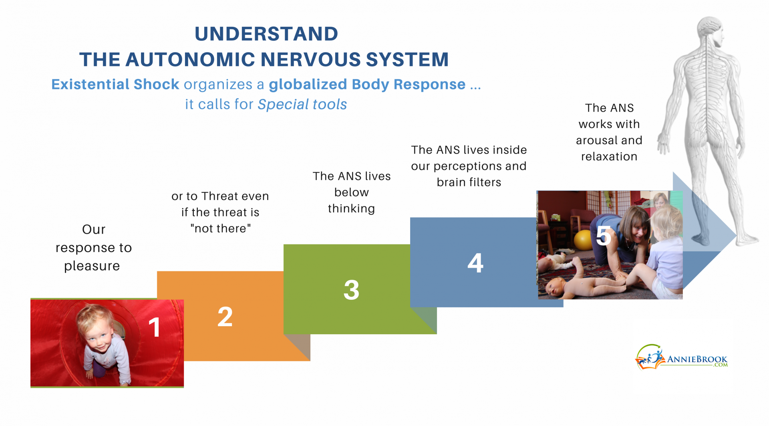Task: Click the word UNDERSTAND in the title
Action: (266, 34)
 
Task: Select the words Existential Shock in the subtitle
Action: (115, 85)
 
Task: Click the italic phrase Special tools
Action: (302, 105)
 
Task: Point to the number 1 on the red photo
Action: (154, 327)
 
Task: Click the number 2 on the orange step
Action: (225, 317)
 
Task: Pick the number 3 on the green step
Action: (351, 290)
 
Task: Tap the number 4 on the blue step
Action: (475, 263)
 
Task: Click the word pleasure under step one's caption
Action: (92, 266)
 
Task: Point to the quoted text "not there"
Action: (220, 228)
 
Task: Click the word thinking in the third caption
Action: (351, 209)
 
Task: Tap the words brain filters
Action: (469, 182)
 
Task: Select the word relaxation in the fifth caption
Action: (609, 157)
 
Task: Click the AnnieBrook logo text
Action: (697, 359)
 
